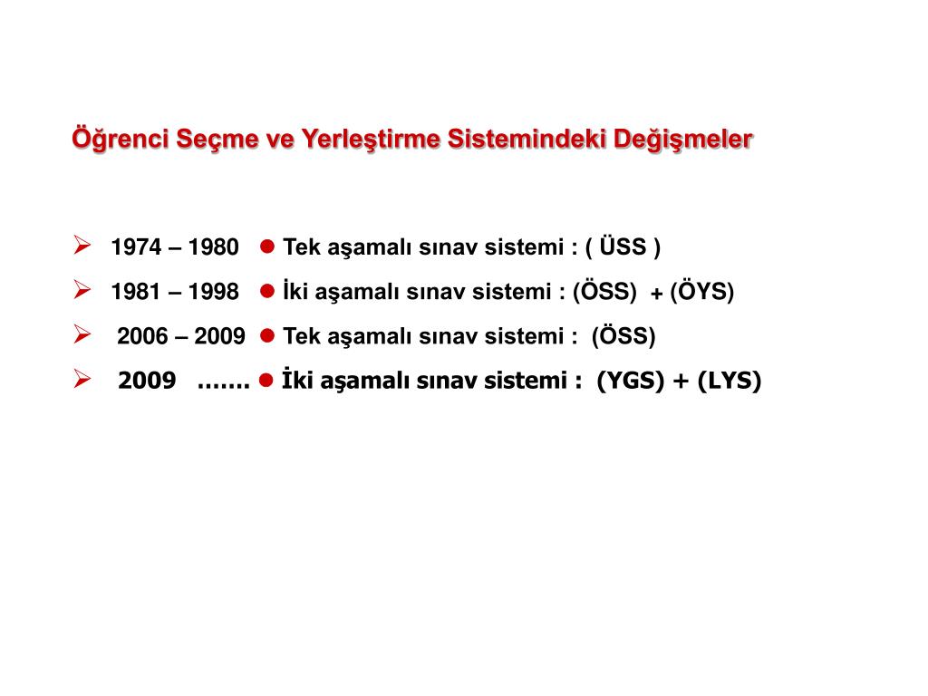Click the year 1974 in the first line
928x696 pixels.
coord(135,247)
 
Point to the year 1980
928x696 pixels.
coord(214,247)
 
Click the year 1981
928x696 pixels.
coord(135,292)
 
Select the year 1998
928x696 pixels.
coord(214,292)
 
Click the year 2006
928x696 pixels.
coord(143,337)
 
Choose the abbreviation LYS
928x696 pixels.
coord(730,382)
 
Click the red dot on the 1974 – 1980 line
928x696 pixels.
coord(266,246)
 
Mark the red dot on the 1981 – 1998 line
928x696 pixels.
coord(266,291)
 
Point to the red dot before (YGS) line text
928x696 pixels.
coord(266,381)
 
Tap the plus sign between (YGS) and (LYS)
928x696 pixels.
coord(680,382)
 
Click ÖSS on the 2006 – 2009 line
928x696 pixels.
coord(623,337)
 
